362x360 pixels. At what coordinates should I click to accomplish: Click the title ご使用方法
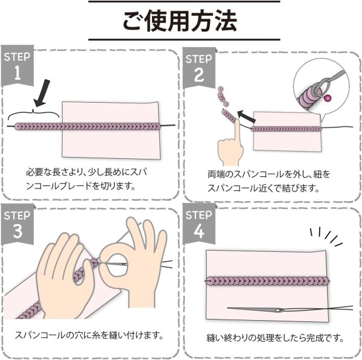point(181,22)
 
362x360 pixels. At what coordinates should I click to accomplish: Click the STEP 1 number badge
point(17,68)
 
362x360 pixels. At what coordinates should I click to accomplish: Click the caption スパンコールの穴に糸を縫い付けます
point(91,334)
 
